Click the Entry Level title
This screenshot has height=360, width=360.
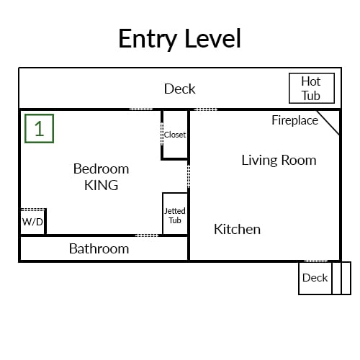(x=179, y=39)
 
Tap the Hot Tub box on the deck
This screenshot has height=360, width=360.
(x=312, y=88)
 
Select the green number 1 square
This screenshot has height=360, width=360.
(x=39, y=129)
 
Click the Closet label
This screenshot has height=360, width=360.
(x=175, y=135)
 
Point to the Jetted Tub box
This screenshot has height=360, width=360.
(x=175, y=213)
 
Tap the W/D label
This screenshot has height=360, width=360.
(x=32, y=222)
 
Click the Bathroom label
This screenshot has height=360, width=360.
(x=99, y=248)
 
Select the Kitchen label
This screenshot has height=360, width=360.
(x=237, y=229)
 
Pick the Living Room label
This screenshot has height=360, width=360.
(x=279, y=161)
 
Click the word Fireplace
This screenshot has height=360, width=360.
(x=294, y=120)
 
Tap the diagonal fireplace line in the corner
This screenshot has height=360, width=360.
(x=328, y=122)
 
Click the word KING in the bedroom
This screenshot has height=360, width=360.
(x=102, y=185)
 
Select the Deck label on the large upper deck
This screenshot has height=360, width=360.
(x=179, y=89)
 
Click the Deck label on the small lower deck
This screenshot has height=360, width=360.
(x=315, y=278)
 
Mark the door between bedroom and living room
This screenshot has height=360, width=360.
(x=189, y=176)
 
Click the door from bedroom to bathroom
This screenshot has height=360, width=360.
(x=147, y=235)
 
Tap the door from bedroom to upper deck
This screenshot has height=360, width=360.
(x=141, y=109)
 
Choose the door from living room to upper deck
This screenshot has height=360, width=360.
(x=206, y=109)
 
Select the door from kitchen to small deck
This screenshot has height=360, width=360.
(x=316, y=261)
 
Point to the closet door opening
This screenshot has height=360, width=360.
(x=162, y=134)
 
